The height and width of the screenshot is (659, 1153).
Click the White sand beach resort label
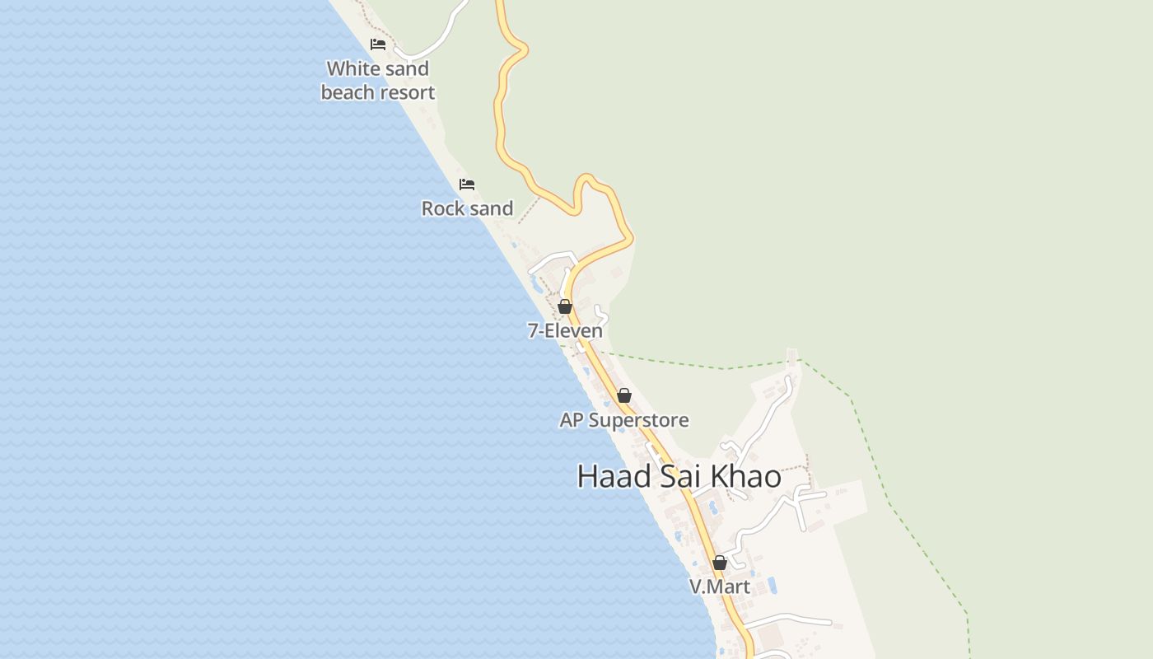click(378, 81)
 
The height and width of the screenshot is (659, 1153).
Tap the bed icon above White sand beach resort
click(378, 44)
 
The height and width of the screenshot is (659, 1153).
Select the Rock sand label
click(467, 208)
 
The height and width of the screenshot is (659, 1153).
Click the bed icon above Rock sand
click(467, 184)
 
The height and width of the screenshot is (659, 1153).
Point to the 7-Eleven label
click(565, 331)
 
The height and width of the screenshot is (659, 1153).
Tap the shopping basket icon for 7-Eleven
click(565, 307)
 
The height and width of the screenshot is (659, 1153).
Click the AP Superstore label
click(624, 420)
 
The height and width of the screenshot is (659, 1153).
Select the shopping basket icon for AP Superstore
click(624, 395)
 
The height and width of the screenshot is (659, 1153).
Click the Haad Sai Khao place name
click(679, 476)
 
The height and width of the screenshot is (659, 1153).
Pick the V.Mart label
click(720, 587)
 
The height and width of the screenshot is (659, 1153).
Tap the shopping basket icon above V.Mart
click(720, 563)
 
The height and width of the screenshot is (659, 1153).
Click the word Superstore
click(639, 420)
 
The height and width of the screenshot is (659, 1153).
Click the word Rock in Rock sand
click(442, 208)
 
